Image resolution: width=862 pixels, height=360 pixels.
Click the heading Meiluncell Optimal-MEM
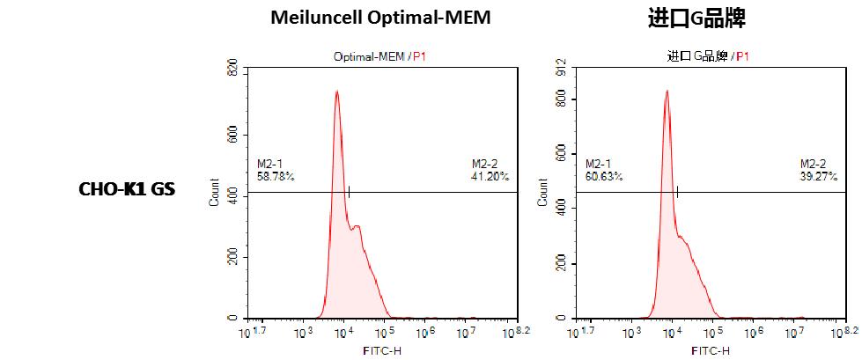(x=380, y=18)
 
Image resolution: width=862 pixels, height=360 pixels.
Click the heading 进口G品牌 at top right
(x=696, y=18)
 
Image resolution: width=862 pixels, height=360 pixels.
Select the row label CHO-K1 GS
(x=127, y=189)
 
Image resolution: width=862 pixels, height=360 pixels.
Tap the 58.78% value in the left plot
(x=276, y=177)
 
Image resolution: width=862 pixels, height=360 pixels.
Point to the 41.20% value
(x=490, y=177)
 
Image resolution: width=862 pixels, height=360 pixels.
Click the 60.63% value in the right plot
(x=604, y=177)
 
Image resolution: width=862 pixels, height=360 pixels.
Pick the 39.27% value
(x=819, y=177)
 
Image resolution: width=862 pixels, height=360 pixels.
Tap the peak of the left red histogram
(x=336, y=92)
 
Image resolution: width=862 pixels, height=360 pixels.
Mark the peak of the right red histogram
(x=667, y=91)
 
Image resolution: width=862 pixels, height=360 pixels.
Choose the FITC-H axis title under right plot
(x=711, y=350)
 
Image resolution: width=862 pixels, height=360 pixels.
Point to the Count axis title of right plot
(x=542, y=193)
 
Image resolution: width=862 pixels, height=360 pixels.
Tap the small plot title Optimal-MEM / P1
(x=379, y=56)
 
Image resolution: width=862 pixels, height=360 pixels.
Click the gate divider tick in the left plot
(x=349, y=192)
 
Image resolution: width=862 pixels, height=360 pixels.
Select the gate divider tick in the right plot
(x=677, y=192)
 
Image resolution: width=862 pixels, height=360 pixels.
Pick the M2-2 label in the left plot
(x=483, y=165)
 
